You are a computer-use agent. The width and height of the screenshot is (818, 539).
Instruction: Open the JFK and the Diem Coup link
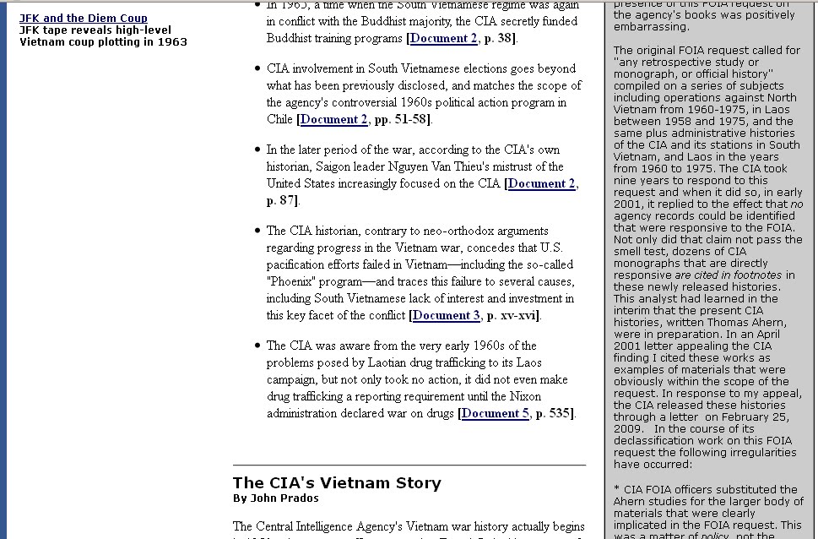click(84, 18)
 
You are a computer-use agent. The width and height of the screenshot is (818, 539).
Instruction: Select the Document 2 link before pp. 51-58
click(334, 120)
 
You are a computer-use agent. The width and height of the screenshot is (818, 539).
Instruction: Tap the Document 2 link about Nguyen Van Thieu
click(542, 184)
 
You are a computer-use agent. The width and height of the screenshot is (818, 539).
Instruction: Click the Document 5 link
click(496, 414)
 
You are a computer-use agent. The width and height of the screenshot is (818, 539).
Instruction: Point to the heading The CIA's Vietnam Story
click(337, 483)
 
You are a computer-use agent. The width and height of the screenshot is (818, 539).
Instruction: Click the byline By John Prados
click(275, 498)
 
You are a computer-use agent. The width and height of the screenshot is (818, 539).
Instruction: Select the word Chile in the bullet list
click(279, 120)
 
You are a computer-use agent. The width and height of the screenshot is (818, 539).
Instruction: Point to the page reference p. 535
click(553, 414)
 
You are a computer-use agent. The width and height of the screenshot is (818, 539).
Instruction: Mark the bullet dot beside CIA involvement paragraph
click(257, 68)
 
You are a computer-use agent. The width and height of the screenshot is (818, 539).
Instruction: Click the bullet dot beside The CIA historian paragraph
click(257, 231)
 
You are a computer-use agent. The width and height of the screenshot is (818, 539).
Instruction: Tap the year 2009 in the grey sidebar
click(628, 429)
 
